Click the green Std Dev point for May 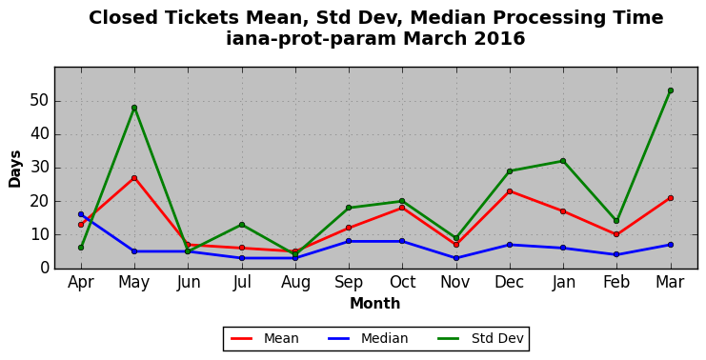tap(134, 108)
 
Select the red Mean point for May tap(134, 178)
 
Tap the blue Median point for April tap(81, 214)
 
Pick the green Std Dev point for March tap(671, 90)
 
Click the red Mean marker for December tap(510, 191)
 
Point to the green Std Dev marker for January tap(563, 161)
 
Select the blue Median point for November tap(456, 258)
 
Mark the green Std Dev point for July tap(242, 225)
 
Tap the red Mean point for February tap(616, 234)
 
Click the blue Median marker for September tap(349, 241)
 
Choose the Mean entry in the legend tap(264, 338)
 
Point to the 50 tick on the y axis tap(40, 101)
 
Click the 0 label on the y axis tap(44, 268)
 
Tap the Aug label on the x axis tap(295, 283)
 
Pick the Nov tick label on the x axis tap(455, 283)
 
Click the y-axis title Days tap(15, 169)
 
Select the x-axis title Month tap(375, 303)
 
